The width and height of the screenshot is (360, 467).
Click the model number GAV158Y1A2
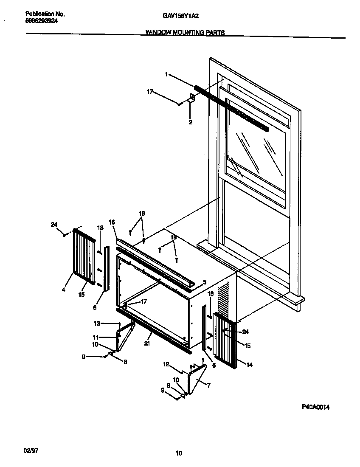pyautogui.click(x=181, y=16)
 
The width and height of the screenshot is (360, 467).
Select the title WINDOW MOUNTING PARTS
pyautogui.click(x=186, y=32)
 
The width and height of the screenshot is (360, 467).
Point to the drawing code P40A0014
pyautogui.click(x=316, y=407)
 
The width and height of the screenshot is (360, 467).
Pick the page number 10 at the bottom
pyautogui.click(x=179, y=453)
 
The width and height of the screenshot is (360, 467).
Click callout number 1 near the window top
pyautogui.click(x=166, y=74)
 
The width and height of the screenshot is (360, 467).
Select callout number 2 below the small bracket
pyautogui.click(x=190, y=122)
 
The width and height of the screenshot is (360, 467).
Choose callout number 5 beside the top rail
pyautogui.click(x=204, y=282)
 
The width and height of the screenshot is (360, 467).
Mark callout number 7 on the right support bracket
pyautogui.click(x=209, y=385)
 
